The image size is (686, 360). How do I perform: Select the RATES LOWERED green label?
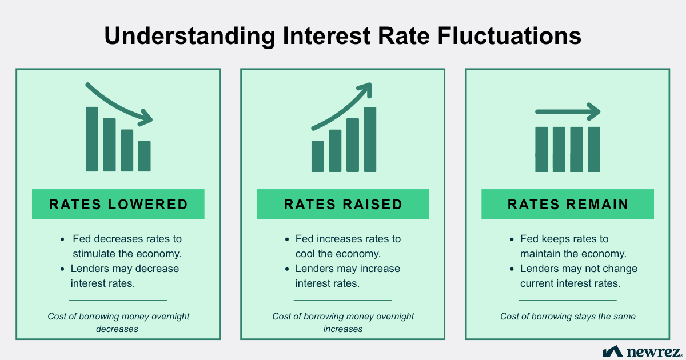click(118, 204)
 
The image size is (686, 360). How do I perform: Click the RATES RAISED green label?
click(343, 204)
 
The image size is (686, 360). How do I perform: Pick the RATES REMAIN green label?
click(568, 204)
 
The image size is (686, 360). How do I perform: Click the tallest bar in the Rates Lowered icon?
click(92, 139)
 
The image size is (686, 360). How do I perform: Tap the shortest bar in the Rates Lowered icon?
click(145, 156)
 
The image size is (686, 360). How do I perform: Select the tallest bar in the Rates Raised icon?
click(370, 139)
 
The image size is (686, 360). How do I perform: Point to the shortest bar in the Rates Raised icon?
click(317, 156)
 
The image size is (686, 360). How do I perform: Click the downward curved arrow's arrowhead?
click(147, 119)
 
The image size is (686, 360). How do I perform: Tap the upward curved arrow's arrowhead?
click(365, 89)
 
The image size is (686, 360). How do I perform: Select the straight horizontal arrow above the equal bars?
click(568, 111)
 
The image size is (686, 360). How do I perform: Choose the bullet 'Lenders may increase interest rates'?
click(347, 275)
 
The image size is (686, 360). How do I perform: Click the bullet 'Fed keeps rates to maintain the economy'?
click(573, 246)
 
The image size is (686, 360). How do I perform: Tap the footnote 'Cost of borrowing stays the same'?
click(568, 316)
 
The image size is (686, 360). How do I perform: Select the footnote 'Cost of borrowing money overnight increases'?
click(343, 322)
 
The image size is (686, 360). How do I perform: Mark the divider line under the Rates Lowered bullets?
click(118, 300)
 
